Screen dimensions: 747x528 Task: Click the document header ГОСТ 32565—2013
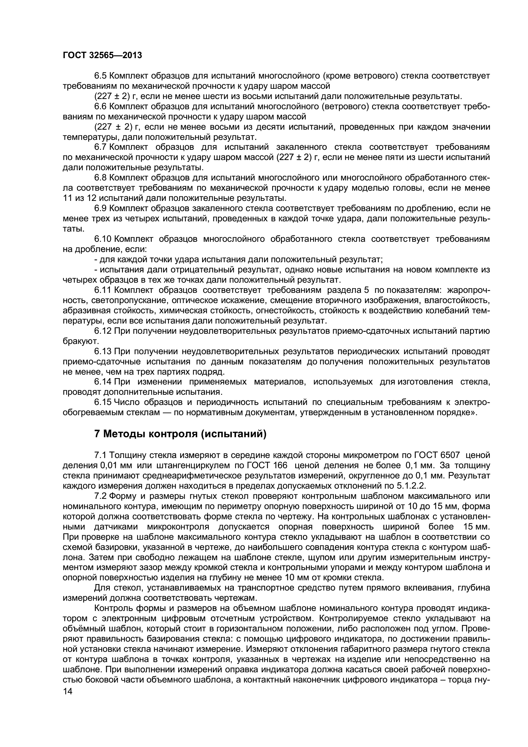coord(102,56)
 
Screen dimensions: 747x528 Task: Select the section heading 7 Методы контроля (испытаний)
coord(180,434)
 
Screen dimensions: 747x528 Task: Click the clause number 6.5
coord(101,76)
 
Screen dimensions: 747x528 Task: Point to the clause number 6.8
coord(101,178)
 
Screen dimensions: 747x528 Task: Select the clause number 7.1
coord(101,455)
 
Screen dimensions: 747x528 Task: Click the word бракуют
coord(80,342)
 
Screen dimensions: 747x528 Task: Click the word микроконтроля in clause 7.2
coord(178,527)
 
